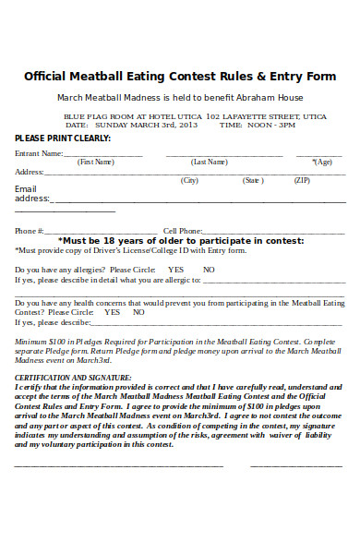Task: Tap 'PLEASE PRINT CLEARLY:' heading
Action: [63, 138]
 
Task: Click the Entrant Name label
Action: [39, 153]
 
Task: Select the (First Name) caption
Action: [95, 163]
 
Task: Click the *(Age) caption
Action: [321, 163]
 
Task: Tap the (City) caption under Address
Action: [190, 181]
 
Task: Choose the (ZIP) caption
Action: [301, 181]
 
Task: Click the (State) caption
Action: [252, 181]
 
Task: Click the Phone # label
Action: [30, 231]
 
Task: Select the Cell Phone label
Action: [183, 231]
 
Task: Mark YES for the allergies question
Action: [175, 270]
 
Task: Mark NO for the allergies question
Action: [209, 270]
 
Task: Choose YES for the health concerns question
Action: [113, 312]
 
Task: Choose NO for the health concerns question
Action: [138, 312]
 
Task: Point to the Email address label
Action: [31, 194]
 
